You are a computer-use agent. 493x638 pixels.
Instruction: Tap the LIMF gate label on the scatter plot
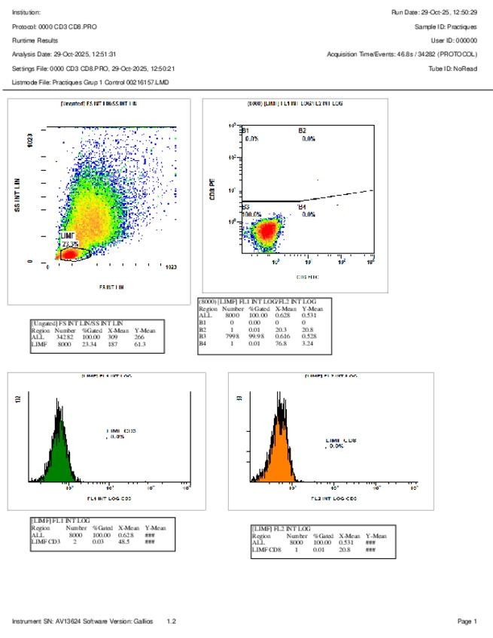(x=68, y=235)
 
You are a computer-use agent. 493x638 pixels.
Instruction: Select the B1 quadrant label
(x=245, y=130)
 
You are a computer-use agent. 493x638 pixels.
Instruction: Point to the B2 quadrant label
(x=302, y=130)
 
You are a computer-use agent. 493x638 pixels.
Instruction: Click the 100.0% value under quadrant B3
(x=251, y=214)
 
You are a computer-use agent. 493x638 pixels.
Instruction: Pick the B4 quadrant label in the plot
(x=302, y=206)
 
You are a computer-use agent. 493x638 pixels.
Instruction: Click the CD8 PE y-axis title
(x=213, y=189)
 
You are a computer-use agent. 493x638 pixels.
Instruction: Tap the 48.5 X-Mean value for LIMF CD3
(x=125, y=541)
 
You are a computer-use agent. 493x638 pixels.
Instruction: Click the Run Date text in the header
(x=434, y=12)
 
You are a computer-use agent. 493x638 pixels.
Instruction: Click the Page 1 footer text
(x=467, y=621)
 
